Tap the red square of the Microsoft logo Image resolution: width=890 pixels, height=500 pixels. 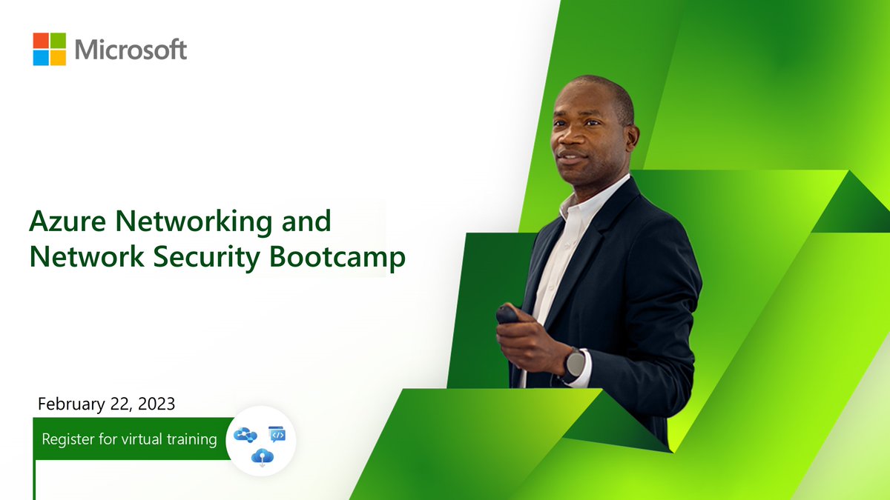click(x=41, y=40)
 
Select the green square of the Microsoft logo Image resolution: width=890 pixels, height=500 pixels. click(x=58, y=40)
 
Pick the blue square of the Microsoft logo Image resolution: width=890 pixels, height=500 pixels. click(x=41, y=57)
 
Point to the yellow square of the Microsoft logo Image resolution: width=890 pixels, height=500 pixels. click(x=58, y=57)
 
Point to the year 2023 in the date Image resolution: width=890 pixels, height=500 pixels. click(x=156, y=404)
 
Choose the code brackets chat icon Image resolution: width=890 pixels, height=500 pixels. click(x=277, y=434)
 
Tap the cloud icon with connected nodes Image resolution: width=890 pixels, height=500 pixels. click(x=245, y=435)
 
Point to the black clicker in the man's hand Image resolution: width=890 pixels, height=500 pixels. click(x=507, y=313)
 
